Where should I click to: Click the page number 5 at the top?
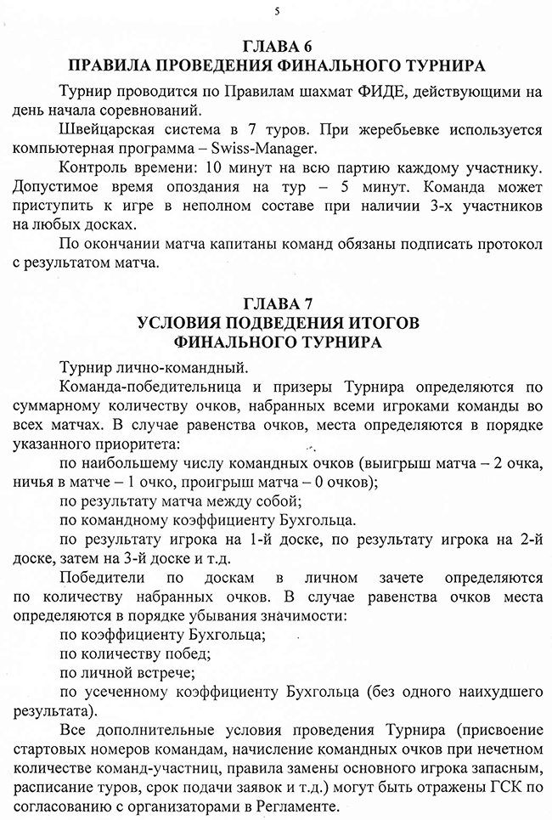(x=277, y=9)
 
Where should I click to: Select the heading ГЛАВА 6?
(x=276, y=46)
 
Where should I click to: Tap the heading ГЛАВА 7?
(x=276, y=303)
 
